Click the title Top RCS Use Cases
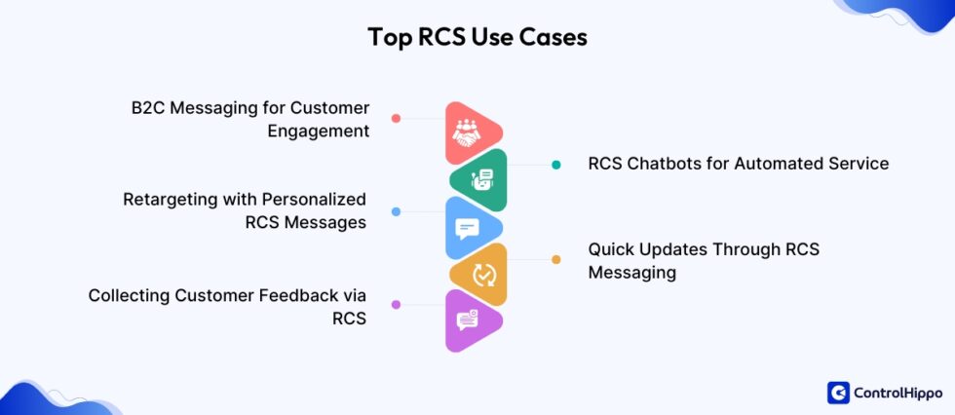477,38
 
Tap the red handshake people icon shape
470,133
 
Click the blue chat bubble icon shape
470,228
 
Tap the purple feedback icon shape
470,320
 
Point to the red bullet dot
396,119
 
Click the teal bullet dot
556,165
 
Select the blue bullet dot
396,211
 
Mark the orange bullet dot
556,259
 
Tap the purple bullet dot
396,305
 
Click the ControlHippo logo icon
838,392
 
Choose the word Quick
611,249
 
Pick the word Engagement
319,131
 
